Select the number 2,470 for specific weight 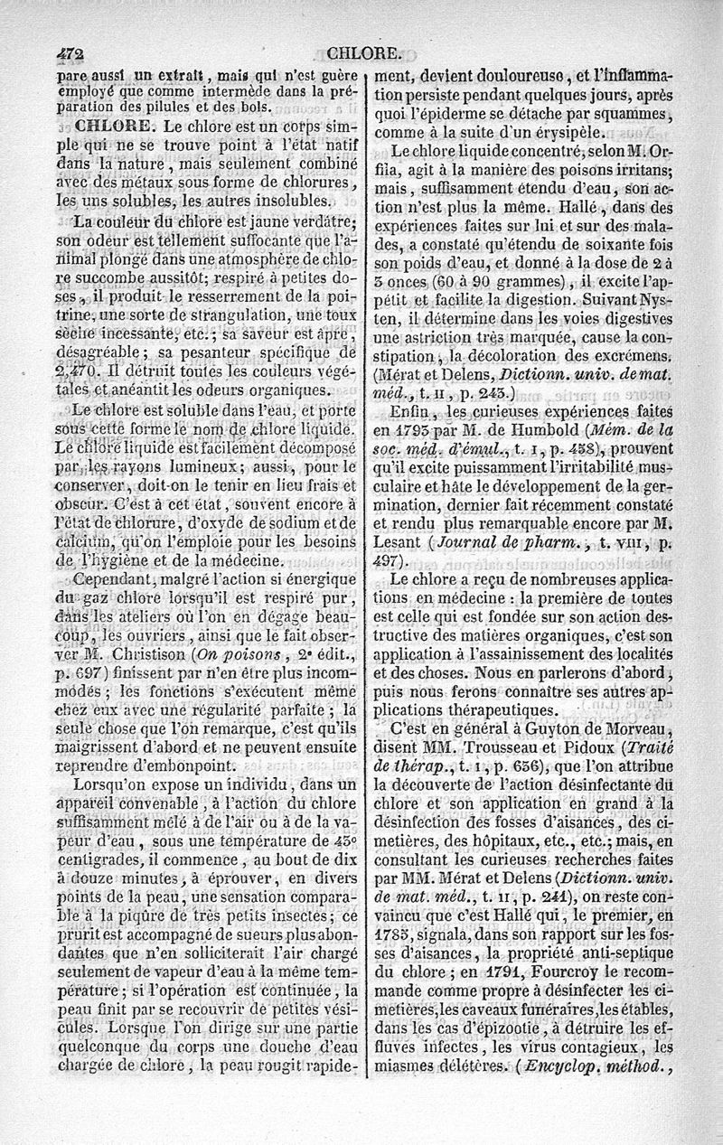click(79, 369)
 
